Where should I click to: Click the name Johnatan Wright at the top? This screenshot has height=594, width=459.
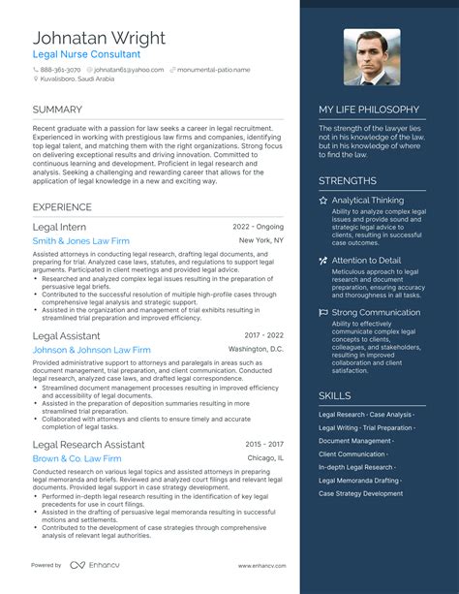[x=99, y=38]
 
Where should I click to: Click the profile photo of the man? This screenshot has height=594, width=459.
[x=371, y=57]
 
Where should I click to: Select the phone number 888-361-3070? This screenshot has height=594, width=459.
[x=61, y=70]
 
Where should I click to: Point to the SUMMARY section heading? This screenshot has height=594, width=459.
[x=57, y=109]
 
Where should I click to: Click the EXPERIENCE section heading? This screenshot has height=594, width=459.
[x=62, y=206]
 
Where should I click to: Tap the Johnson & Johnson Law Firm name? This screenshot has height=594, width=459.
[x=91, y=350]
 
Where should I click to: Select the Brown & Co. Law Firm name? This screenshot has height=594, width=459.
[x=76, y=458]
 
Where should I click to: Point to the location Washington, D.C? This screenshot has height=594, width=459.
[x=256, y=349]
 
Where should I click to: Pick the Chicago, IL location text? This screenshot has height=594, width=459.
[x=265, y=457]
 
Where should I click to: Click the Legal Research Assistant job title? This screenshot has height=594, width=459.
[x=88, y=445]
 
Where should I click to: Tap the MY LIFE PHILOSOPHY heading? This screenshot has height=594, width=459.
[x=369, y=109]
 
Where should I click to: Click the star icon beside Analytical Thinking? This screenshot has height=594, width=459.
[x=323, y=201]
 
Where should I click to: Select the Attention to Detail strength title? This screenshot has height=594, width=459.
[x=366, y=261]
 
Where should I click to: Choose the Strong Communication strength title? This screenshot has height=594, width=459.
[x=377, y=313]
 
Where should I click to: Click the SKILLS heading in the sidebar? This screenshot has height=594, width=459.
[x=335, y=395]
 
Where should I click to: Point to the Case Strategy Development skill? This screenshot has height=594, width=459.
[x=360, y=493]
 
